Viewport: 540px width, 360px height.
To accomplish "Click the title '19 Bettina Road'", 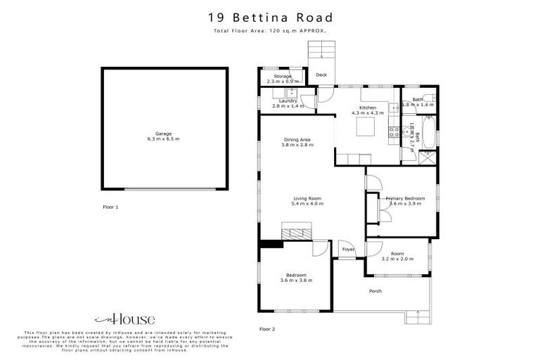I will tap(270, 18).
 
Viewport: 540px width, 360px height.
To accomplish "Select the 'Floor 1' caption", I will tap(110, 207).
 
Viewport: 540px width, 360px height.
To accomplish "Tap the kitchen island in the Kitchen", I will tap(366, 127).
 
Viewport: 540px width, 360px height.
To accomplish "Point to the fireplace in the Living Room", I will tap(295, 232).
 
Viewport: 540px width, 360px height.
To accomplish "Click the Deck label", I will tap(321, 75).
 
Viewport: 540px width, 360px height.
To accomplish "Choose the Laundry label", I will tap(288, 101).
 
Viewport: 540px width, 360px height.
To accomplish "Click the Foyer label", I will tap(348, 250).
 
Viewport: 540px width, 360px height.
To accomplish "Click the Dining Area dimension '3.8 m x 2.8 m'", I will tap(297, 146).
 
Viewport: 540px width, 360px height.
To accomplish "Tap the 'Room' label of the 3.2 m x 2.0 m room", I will tap(397, 253).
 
